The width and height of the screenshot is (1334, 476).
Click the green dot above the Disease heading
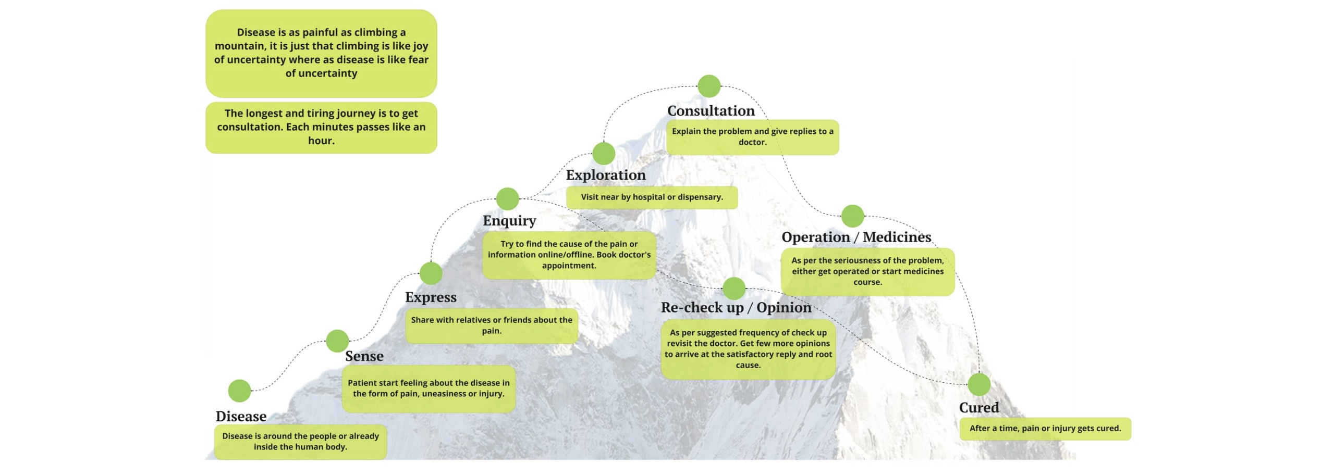(x=239, y=391)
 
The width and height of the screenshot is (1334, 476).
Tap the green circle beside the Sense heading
(x=337, y=341)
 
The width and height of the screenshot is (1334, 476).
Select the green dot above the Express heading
(x=431, y=273)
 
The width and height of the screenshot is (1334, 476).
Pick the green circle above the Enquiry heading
(x=507, y=199)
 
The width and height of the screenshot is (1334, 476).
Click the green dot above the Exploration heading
(x=604, y=154)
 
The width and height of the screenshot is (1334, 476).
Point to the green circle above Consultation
(x=709, y=86)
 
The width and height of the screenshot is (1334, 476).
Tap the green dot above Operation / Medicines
(x=852, y=216)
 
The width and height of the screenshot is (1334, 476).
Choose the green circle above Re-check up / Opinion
(x=734, y=289)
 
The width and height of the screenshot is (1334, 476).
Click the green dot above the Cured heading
(x=979, y=384)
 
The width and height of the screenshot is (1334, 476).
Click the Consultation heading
(x=711, y=111)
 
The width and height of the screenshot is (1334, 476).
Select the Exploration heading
(x=606, y=175)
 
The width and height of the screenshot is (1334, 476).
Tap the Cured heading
(x=979, y=407)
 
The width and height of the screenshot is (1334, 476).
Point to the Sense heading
(x=364, y=356)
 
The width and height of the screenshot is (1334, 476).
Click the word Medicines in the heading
(x=897, y=237)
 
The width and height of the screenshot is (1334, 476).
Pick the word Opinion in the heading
(x=784, y=307)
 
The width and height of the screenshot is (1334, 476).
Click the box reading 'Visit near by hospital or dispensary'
(x=652, y=197)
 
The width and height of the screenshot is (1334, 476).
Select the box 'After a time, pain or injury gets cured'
(x=1045, y=429)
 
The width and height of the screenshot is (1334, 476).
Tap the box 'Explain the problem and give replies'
(x=752, y=137)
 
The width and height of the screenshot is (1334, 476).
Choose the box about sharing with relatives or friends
(x=492, y=325)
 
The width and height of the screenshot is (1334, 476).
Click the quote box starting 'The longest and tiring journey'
(x=321, y=127)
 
